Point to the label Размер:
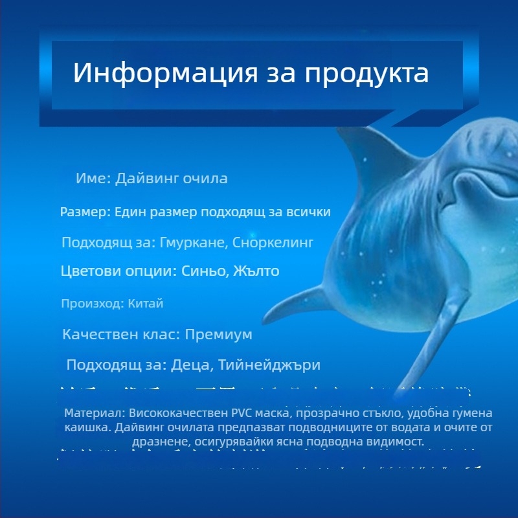[86, 212]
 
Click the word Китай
[150, 303]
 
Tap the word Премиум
[218, 335]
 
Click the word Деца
[192, 365]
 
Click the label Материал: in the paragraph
[95, 413]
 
